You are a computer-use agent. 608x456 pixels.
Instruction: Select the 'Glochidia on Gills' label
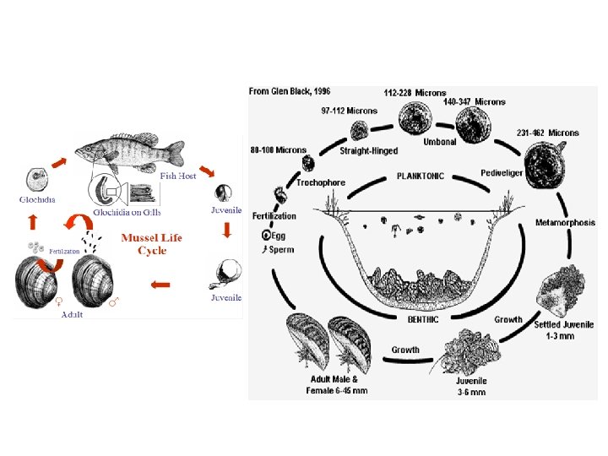(x=126, y=211)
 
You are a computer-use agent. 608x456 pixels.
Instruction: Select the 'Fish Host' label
(x=178, y=176)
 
